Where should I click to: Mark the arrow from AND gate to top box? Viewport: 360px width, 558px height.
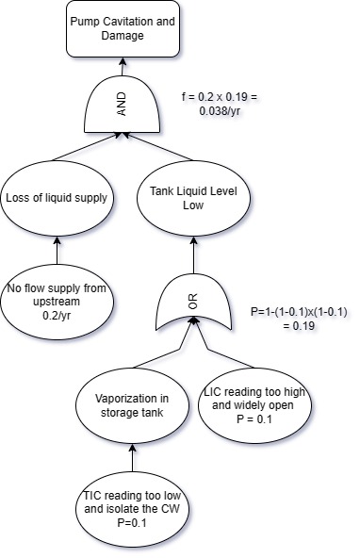pyautogui.click(x=123, y=66)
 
